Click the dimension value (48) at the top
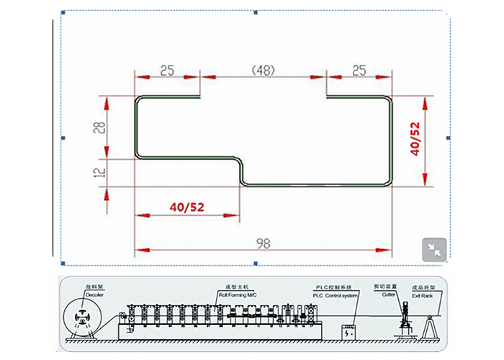262,71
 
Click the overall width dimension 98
263,243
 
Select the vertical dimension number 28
100,127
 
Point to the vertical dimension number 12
100,173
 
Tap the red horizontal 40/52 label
187,207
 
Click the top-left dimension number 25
167,71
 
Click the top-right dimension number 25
358,71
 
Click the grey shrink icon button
434,248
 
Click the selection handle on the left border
63,137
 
